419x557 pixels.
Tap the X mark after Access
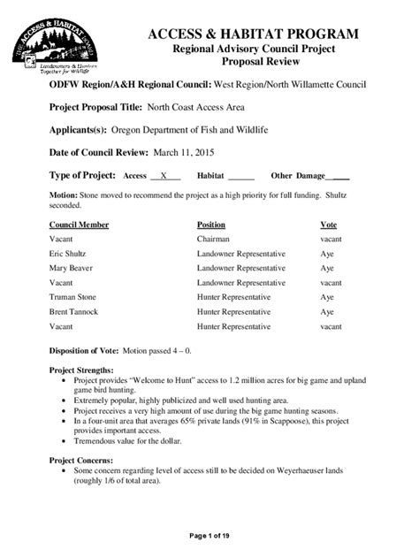(x=164, y=176)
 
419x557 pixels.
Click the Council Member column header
(x=80, y=225)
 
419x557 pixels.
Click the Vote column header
(x=328, y=225)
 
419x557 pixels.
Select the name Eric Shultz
(x=67, y=253)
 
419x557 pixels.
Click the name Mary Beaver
(x=71, y=267)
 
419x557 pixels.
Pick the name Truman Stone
(x=73, y=296)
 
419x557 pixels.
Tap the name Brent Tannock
(x=74, y=311)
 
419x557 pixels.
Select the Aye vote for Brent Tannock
(x=327, y=311)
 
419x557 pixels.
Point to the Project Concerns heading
(x=80, y=461)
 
